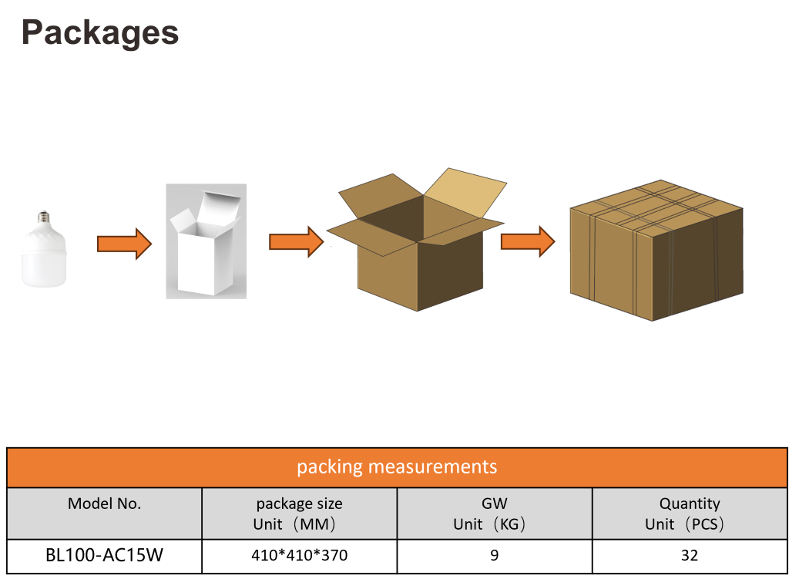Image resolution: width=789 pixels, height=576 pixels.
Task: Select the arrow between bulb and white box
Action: coord(124,244)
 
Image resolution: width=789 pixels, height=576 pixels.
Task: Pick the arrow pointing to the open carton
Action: coord(296,242)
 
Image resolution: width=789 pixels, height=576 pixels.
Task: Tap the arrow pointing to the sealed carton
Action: coord(528,241)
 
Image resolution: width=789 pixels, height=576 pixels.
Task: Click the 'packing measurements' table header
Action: coord(397,467)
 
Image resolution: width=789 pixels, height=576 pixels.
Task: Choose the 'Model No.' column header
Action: coord(105,504)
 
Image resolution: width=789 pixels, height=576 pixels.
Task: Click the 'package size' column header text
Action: coord(299,504)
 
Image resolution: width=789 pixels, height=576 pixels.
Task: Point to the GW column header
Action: coord(494,504)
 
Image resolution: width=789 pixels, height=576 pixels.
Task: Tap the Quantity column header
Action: coord(689,504)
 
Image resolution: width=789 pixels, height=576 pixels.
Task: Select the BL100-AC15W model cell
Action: coord(105,555)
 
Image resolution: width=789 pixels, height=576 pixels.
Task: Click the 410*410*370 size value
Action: coord(299,555)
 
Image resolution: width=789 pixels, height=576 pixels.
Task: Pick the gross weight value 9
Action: coord(494,555)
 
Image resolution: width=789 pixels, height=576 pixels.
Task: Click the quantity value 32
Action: coord(689,555)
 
